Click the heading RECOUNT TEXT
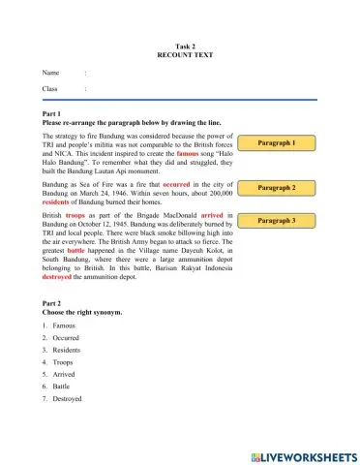[179, 55]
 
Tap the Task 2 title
[180, 46]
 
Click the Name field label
[50, 73]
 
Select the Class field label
[50, 89]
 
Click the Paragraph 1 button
[277, 143]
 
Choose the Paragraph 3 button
[277, 221]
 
